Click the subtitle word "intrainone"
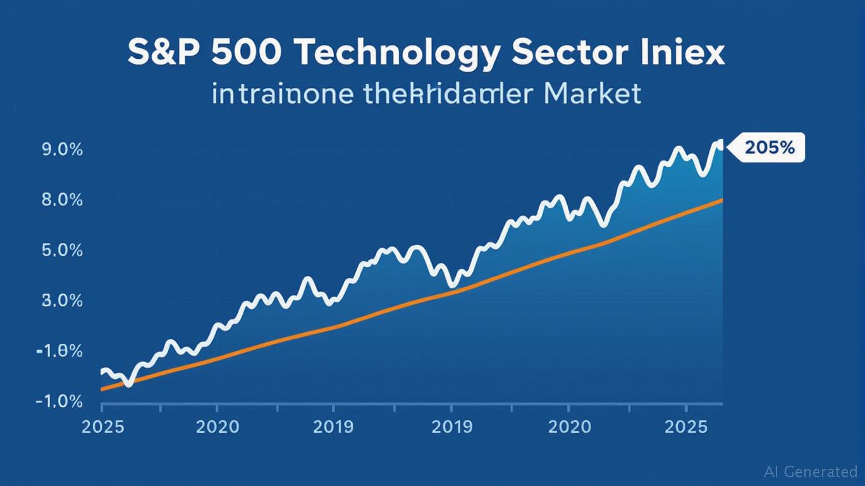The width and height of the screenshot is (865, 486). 283,95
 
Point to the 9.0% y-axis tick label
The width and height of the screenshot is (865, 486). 62,150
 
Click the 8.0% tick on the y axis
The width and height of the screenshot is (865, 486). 62,200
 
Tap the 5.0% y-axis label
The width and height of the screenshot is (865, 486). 62,251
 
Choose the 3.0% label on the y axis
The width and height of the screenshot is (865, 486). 62,301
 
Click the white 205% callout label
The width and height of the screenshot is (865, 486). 769,147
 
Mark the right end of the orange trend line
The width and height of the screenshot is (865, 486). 722,200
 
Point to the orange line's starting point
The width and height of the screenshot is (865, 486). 102,389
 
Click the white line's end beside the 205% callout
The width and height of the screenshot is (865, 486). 720,145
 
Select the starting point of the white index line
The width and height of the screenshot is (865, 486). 103,371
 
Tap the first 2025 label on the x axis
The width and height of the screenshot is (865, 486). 104,427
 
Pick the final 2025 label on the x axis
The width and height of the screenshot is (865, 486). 686,427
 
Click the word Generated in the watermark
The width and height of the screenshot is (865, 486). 823,471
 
